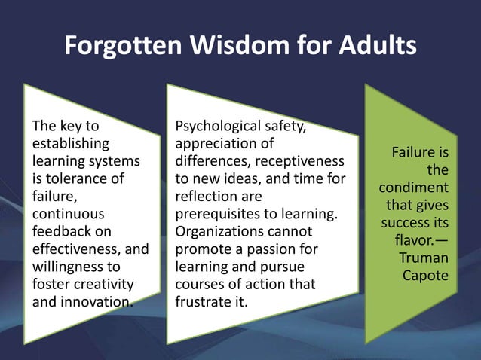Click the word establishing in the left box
tap(69, 142)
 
